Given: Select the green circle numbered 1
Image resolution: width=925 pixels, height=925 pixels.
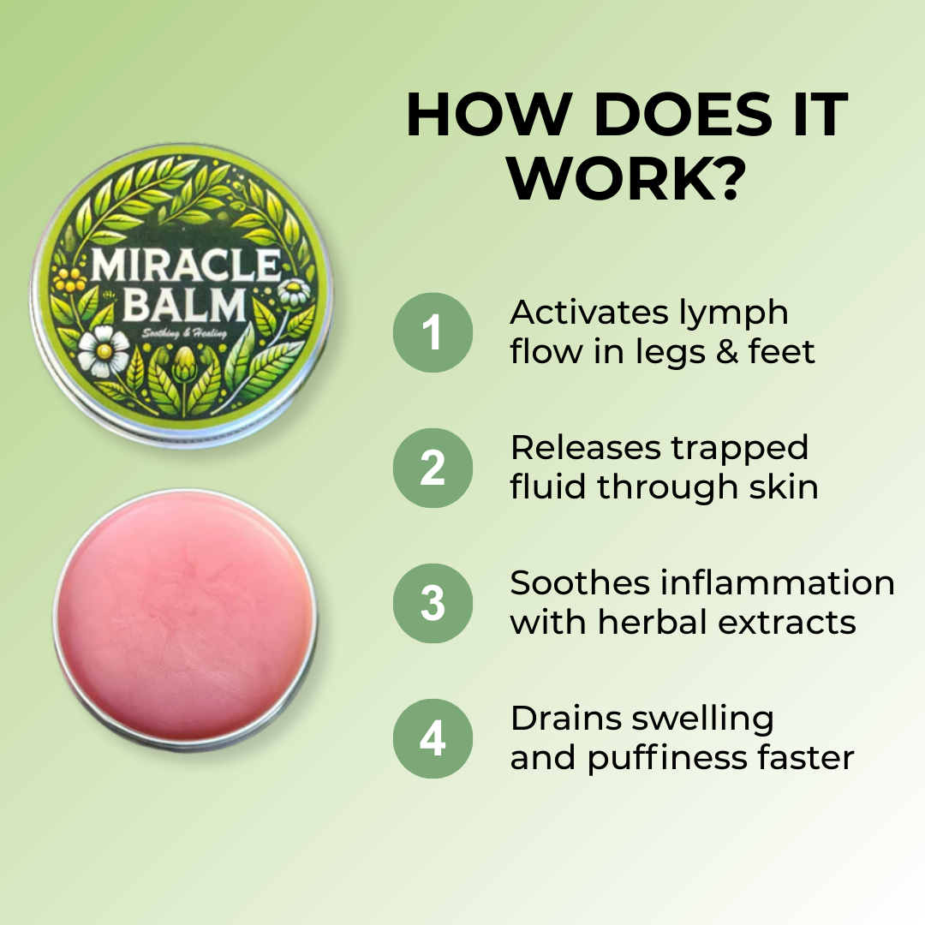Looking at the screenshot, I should click(433, 332).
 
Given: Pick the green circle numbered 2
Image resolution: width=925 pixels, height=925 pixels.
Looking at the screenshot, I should click(433, 468).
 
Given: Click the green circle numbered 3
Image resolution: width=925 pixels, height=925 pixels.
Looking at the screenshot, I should click(433, 603).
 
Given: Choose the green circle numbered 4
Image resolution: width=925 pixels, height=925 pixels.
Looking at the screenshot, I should click(433, 738).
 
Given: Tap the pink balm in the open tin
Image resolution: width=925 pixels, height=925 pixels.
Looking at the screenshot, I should click(184, 617).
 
